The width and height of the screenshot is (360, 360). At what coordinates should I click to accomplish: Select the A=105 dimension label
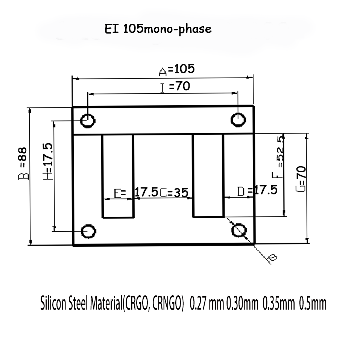coord(177,70)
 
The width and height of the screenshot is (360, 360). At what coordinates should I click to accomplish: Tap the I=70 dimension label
coord(175,87)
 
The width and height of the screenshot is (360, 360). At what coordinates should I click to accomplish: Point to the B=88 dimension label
coord(23,164)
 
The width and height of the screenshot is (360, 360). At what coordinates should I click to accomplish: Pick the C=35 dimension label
coord(174,192)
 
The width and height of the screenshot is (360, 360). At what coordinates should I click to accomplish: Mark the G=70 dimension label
coord(301,179)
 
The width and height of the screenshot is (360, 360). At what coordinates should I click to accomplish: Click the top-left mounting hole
coord(88,120)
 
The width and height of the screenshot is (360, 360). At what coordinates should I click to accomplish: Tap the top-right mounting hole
coord(238,120)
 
